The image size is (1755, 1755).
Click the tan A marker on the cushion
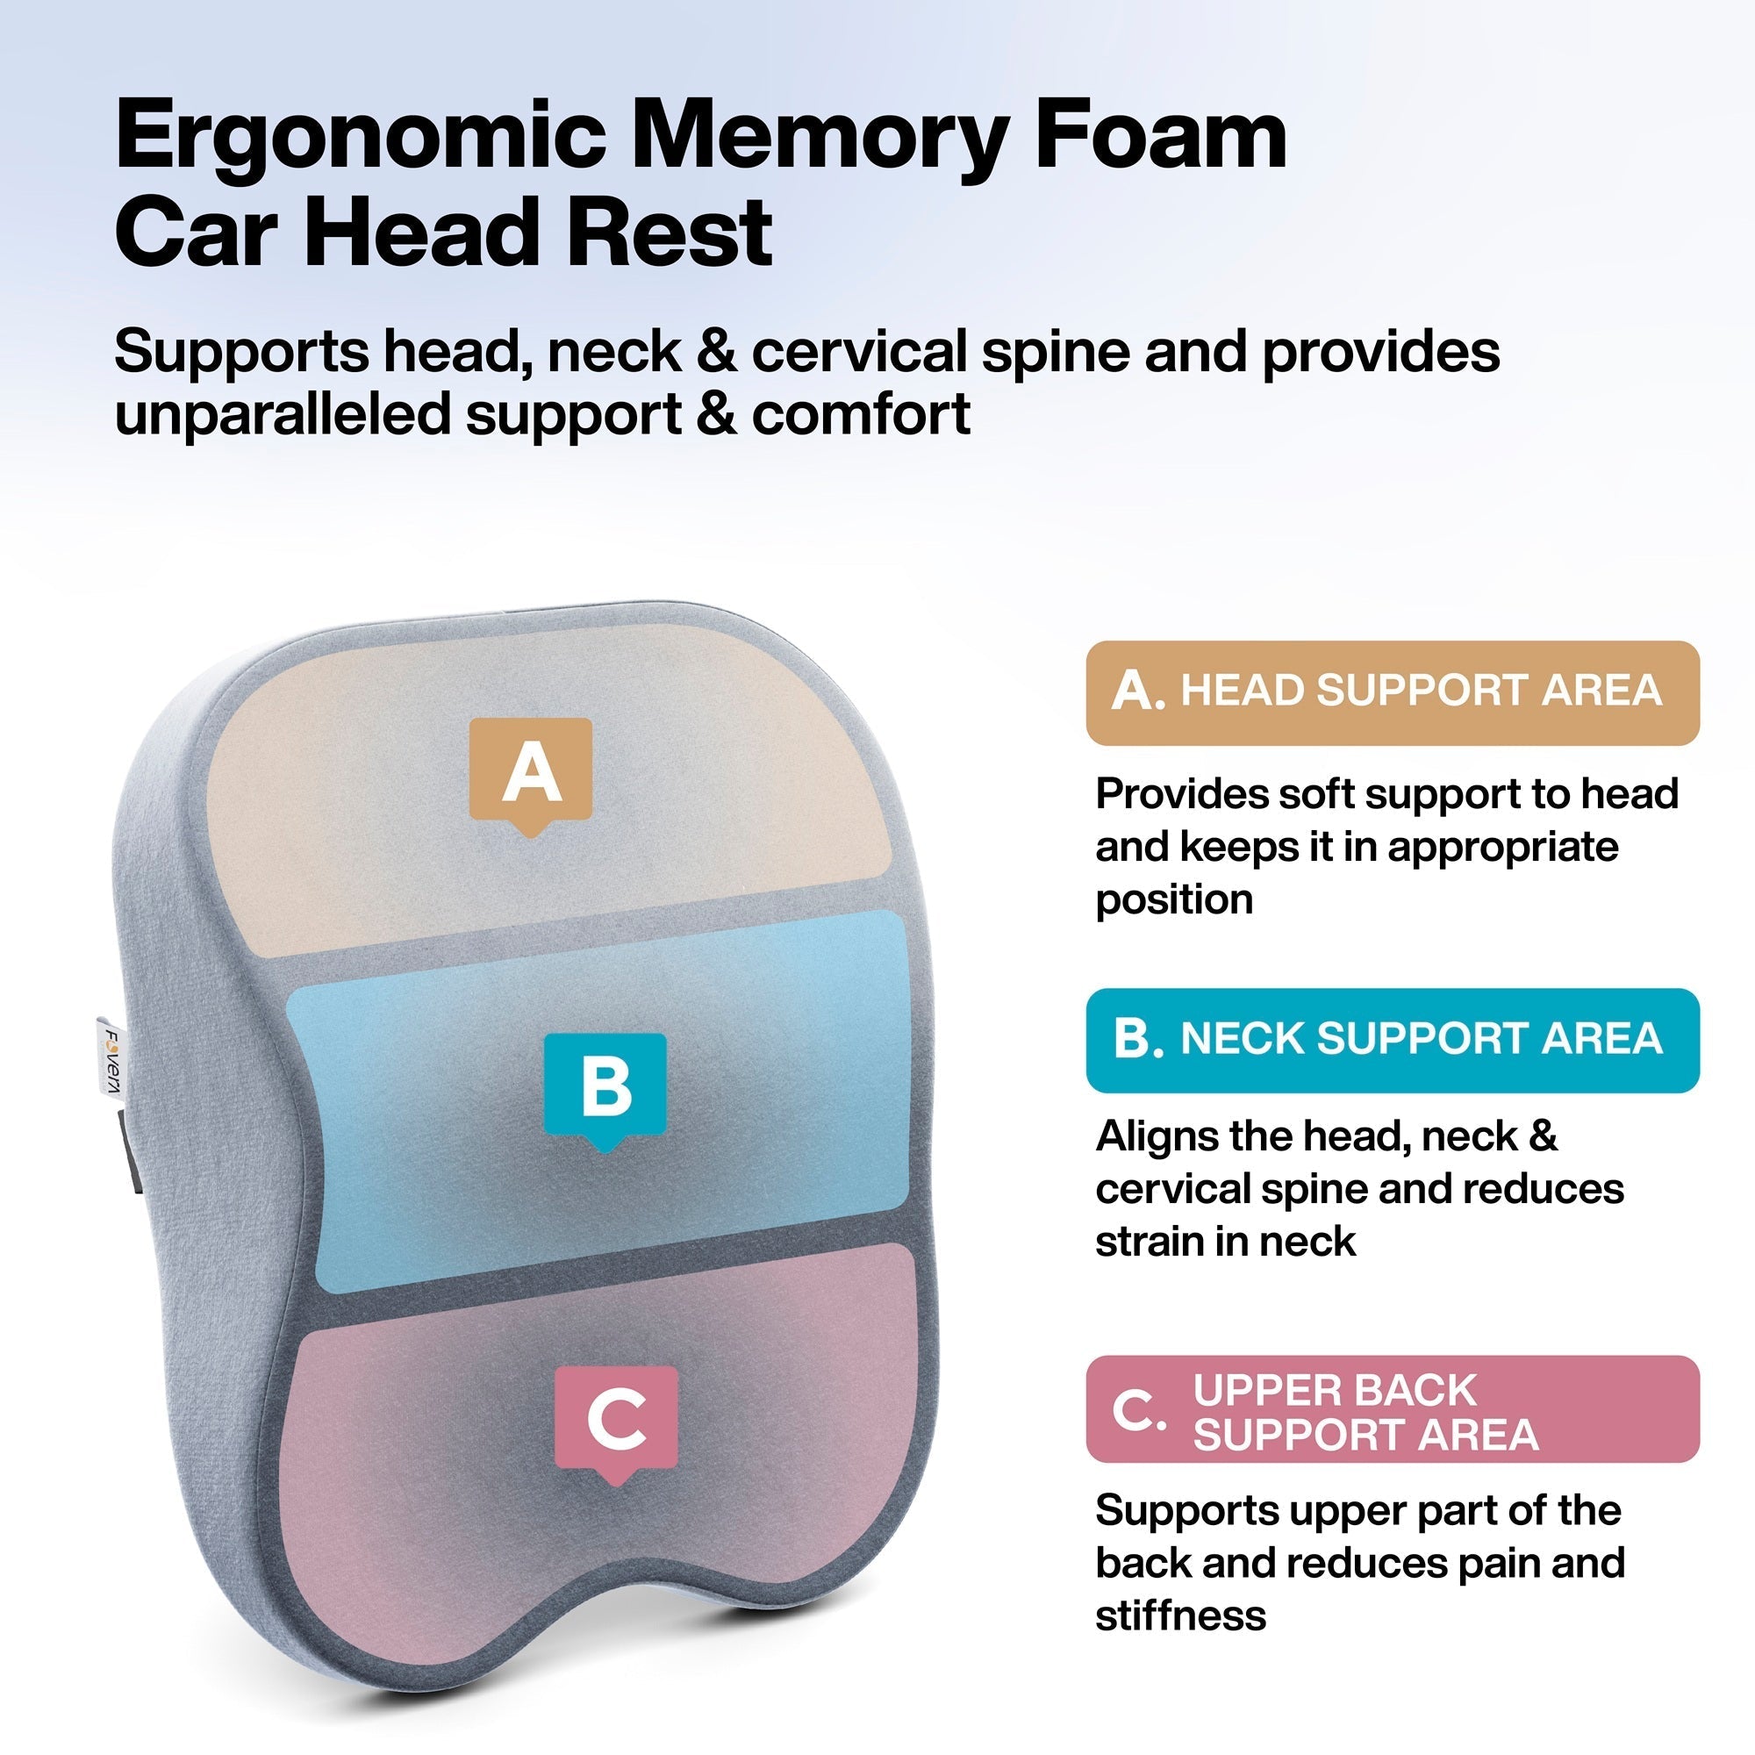pos(531,773)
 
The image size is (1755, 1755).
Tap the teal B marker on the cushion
pos(605,1088)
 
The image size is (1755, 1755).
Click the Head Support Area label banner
pos(1392,692)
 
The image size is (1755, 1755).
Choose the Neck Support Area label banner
pos(1392,1040)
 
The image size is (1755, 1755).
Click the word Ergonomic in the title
pos(361,138)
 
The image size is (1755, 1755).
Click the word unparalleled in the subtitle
pos(282,415)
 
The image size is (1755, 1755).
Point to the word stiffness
pos(1180,1615)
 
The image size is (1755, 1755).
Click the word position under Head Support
pos(1173,899)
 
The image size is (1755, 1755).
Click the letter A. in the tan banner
pos(1136,692)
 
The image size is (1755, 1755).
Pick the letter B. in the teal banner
pos(1137,1039)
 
